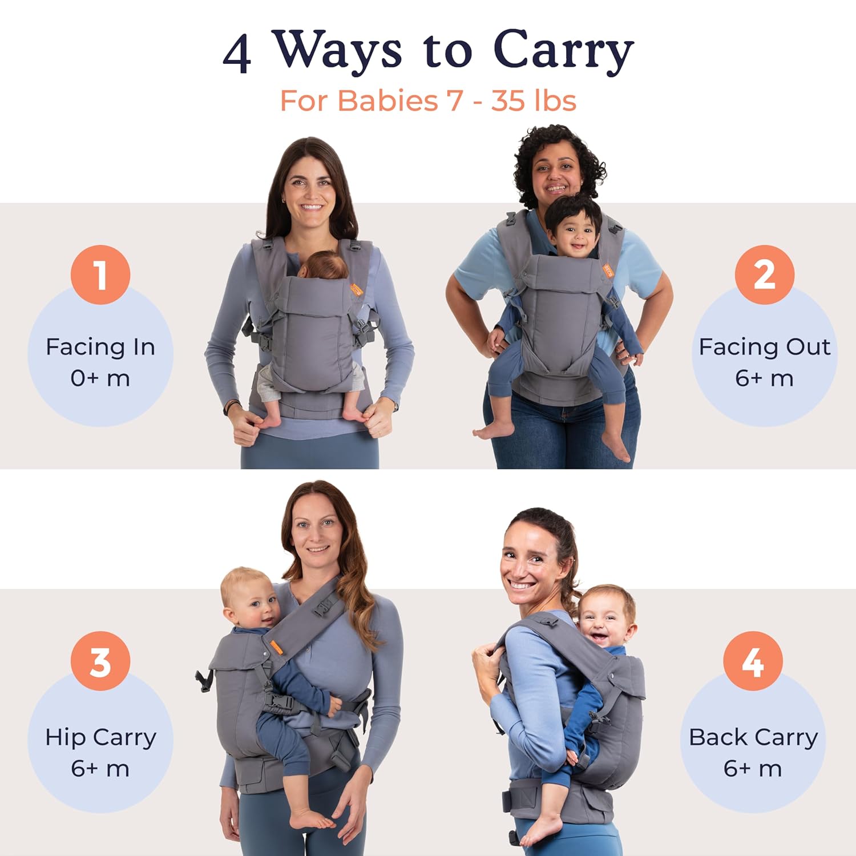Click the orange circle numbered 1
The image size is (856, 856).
pos(100,274)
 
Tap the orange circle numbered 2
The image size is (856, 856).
pos(764,274)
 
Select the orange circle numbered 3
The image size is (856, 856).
pos(100,661)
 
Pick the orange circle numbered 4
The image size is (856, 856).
pos(753,661)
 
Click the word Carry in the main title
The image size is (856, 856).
pos(563,51)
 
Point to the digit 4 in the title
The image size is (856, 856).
pos(237,55)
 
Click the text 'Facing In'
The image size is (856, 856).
pos(100,347)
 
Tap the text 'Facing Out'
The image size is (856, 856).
pos(764,347)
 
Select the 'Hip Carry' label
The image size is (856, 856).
pos(100,738)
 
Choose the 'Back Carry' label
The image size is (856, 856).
pos(753,738)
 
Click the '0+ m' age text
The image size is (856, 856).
pos(100,378)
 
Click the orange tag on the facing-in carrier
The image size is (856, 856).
pos(357,289)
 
